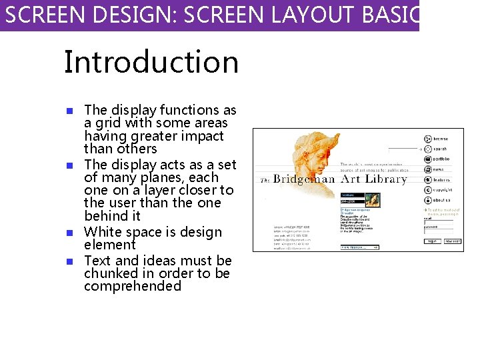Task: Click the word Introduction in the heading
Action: tap(151, 62)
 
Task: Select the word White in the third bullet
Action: tap(104, 233)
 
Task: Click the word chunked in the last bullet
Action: tap(111, 273)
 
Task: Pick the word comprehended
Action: tap(133, 287)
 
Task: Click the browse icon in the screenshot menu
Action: tap(427, 139)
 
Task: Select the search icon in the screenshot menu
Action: tap(427, 149)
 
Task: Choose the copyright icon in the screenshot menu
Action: tap(427, 190)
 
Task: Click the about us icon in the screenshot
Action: tap(427, 200)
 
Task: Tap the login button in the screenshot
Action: tap(432, 241)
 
